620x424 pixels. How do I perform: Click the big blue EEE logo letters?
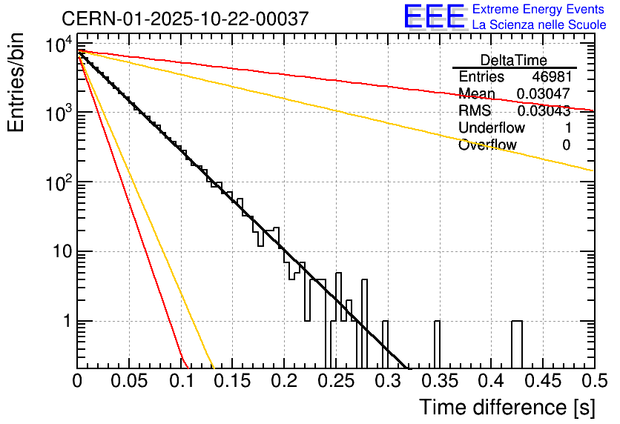434,18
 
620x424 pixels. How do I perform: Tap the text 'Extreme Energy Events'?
538,10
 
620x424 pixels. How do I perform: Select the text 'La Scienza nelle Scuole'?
539,25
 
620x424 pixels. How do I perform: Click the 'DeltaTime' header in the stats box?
514,60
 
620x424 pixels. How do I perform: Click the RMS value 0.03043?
543,111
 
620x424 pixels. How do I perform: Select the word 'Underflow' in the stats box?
487,128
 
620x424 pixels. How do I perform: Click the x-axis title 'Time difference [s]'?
506,407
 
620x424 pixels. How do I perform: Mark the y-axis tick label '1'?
65,322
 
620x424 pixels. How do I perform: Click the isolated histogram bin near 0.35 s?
438,345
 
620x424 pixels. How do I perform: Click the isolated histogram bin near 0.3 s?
386,345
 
